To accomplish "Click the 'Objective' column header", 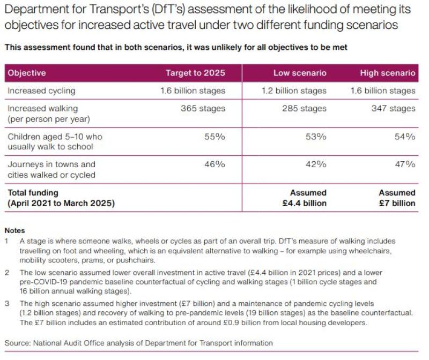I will (x=27, y=73).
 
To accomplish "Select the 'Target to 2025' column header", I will (x=195, y=73).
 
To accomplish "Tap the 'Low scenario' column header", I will (x=300, y=73).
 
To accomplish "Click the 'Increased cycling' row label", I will (x=41, y=91).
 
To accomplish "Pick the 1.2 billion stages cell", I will (x=294, y=91).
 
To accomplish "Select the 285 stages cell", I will (x=304, y=109).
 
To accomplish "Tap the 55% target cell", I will (x=214, y=137).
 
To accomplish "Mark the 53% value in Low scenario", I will (x=316, y=137).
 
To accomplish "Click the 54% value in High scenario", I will (x=405, y=137).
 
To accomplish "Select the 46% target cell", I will (x=214, y=164).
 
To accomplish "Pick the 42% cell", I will (x=316, y=164).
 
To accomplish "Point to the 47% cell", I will (x=405, y=164).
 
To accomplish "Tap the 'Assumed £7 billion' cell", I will (x=397, y=198).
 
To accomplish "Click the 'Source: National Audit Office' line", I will (x=138, y=343).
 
